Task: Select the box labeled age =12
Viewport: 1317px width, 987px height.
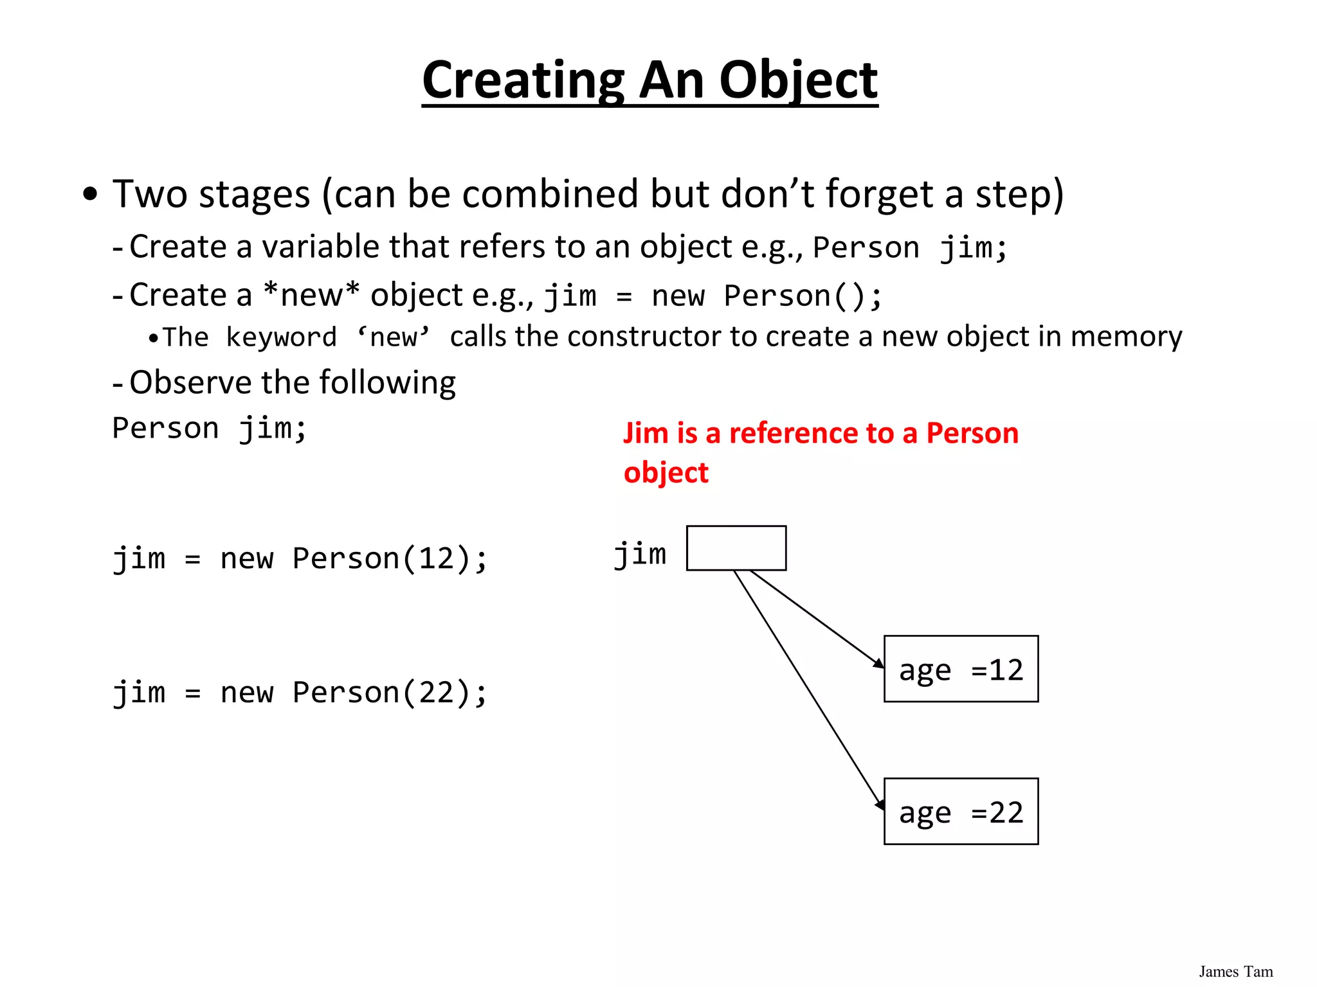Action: coord(961,669)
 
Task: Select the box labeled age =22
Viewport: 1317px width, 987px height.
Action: coord(961,811)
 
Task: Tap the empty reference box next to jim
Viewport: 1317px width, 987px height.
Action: coord(736,548)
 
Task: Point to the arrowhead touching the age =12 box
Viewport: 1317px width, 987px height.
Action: coord(878,664)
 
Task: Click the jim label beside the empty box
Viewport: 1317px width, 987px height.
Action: coord(640,555)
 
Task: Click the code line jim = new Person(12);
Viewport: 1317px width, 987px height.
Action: coord(300,558)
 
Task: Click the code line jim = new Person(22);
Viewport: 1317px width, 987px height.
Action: coord(300,693)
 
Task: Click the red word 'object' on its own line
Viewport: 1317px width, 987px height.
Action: coord(666,473)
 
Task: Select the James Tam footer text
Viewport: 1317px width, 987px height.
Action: coord(1235,972)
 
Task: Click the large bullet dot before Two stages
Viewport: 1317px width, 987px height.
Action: coord(91,193)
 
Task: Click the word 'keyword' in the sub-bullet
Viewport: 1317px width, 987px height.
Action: coord(281,337)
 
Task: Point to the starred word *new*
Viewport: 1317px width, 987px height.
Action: coord(311,295)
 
